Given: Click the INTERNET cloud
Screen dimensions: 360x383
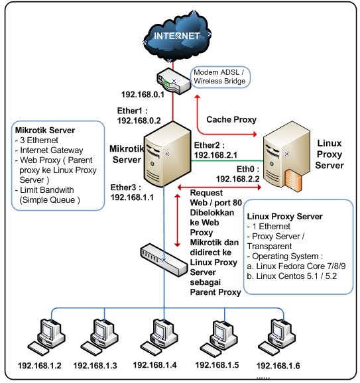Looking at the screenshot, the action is pos(176,36).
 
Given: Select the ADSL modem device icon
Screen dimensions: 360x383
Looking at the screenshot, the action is pos(173,81).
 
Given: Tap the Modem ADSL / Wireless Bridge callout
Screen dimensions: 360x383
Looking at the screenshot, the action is pos(220,77).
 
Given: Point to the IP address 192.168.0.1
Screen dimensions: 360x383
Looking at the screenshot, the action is pos(143,95).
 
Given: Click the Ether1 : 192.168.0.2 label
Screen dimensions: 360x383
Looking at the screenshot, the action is pos(139,115).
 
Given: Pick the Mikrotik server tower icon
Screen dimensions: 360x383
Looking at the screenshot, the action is pos(167,154).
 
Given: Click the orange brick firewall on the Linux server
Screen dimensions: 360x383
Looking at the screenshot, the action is pos(293,180).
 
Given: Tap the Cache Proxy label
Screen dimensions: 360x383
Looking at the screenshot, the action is pos(231,119).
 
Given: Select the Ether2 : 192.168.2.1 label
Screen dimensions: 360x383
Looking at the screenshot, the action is pos(215,150).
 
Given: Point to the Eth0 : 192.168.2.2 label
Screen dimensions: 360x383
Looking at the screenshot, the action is pos(237,174).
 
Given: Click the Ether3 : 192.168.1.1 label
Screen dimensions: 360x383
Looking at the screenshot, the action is pos(132,192).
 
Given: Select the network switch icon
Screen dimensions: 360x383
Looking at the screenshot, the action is pos(164,260).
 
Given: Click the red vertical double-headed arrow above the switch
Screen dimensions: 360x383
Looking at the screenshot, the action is pos(178,221).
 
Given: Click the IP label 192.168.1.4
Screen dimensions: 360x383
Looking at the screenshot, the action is pos(154,365).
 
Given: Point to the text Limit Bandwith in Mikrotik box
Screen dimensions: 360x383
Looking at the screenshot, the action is pos(47,190).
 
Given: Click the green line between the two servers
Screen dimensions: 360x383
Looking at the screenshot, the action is pos(227,161).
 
